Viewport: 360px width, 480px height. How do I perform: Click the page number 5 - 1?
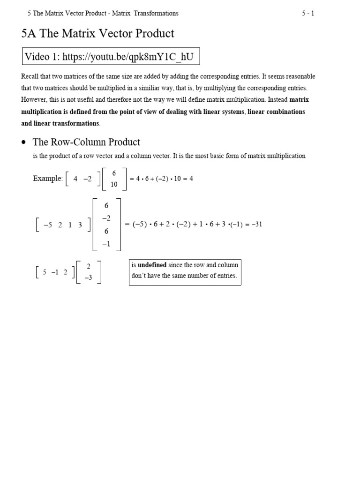click(x=308, y=13)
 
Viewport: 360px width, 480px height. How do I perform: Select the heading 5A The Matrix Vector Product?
click(x=98, y=33)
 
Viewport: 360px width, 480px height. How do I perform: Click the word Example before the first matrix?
click(x=47, y=179)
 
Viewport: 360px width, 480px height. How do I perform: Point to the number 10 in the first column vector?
click(x=114, y=184)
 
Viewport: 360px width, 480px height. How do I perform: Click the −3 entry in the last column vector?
click(x=89, y=277)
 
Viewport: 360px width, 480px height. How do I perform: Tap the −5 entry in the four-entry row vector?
click(x=48, y=225)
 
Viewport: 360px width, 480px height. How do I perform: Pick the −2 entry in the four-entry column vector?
click(x=106, y=218)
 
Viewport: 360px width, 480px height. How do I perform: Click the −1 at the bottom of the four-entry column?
click(x=106, y=244)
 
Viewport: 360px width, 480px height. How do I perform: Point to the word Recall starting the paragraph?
click(x=30, y=76)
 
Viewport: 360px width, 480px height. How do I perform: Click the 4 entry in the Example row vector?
click(x=75, y=179)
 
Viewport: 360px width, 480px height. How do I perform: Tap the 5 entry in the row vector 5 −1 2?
click(x=44, y=272)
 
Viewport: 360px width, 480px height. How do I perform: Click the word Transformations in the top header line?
click(x=156, y=13)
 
